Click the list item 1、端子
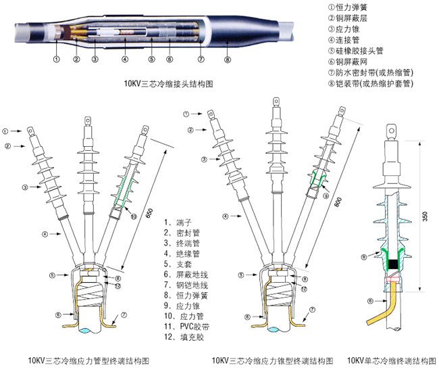(176, 221)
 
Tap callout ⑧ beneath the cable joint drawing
(226, 61)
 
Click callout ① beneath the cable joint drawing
(57, 60)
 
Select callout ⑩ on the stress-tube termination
(133, 216)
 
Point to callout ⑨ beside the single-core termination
(365, 256)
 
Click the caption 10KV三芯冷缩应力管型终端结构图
(89, 360)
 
